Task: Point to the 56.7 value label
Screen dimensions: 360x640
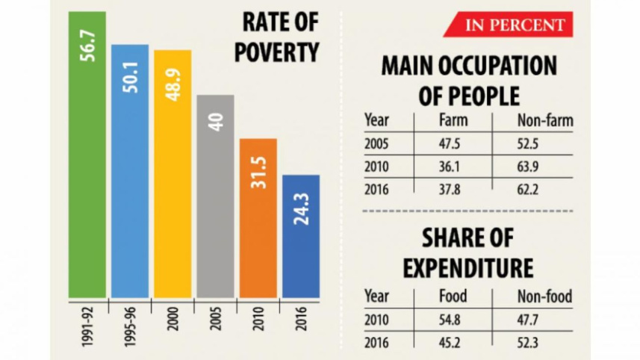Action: pos(87,43)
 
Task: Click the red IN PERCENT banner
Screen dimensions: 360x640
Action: pos(509,25)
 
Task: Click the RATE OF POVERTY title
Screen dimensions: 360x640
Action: pos(279,37)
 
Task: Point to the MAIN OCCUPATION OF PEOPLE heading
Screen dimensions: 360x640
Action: pos(469,81)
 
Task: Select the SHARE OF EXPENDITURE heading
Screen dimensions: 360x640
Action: pos(469,253)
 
